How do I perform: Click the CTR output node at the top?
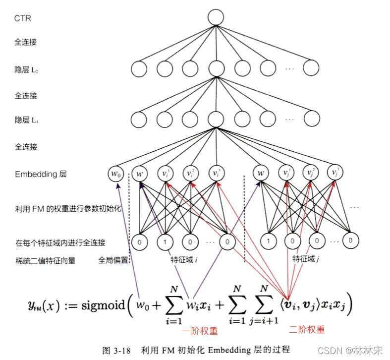pyautogui.click(x=216, y=18)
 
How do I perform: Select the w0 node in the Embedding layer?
pyautogui.click(x=115, y=174)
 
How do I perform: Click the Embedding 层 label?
pyautogui.click(x=41, y=174)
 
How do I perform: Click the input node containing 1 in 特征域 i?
pyautogui.click(x=165, y=242)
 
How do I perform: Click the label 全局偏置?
pyautogui.click(x=113, y=259)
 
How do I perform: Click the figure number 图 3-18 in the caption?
pyautogui.click(x=116, y=351)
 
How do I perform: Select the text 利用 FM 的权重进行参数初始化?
pyautogui.click(x=68, y=209)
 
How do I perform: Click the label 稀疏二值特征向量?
pyautogui.click(x=45, y=260)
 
